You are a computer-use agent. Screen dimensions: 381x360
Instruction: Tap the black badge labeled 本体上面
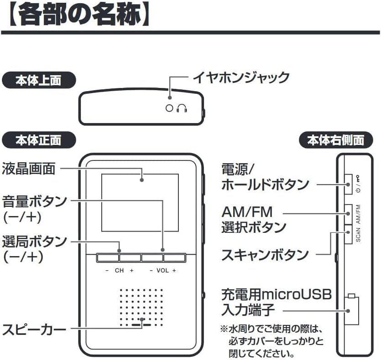point(38,81)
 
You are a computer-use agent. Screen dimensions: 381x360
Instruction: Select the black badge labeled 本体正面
point(38,139)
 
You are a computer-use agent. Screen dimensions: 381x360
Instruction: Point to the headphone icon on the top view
point(183,108)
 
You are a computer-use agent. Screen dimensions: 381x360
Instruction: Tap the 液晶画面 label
point(29,169)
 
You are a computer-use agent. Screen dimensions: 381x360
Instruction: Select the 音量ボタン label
point(35,201)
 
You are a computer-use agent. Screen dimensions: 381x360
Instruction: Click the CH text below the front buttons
point(119,271)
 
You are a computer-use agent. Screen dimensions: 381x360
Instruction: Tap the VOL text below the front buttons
point(162,271)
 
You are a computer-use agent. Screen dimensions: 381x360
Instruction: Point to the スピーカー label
point(34,329)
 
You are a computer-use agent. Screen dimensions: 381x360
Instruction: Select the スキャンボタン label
point(265,254)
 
